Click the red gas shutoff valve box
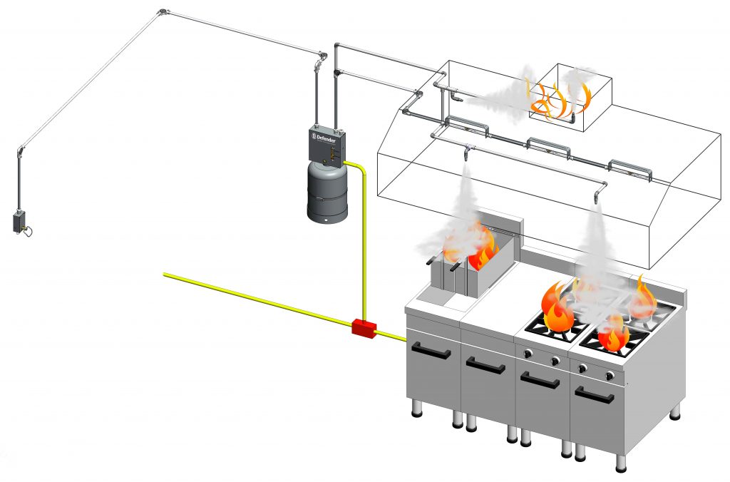pyautogui.click(x=364, y=329)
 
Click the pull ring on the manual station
pyautogui.click(x=29, y=230)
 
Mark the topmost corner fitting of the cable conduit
pyautogui.click(x=163, y=11)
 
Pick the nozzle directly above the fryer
pyautogui.click(x=466, y=151)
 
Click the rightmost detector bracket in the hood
pyautogui.click(x=630, y=168)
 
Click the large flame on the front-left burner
pyautogui.click(x=557, y=309)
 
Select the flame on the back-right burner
pyautogui.click(x=643, y=298)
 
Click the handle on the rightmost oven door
pyautogui.click(x=595, y=394)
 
